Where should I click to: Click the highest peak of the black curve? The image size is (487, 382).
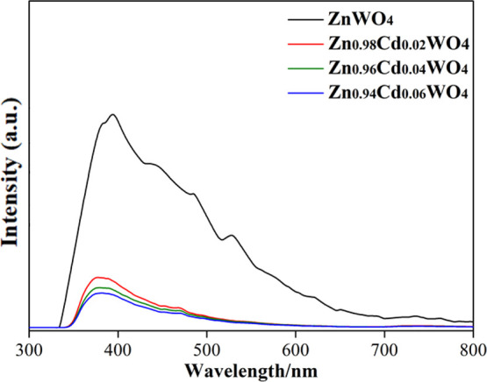pyautogui.click(x=112, y=115)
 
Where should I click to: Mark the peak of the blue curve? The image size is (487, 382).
pyautogui.click(x=102, y=293)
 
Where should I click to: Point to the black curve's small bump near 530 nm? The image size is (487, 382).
pyautogui.click(x=232, y=235)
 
